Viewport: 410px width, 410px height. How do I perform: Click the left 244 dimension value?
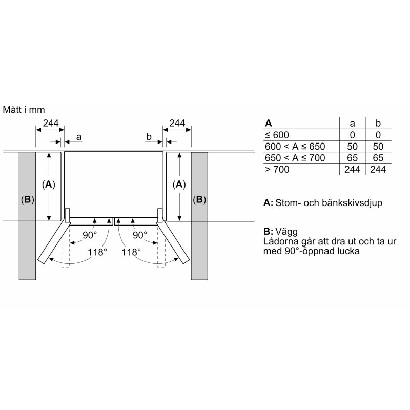(x=51, y=123)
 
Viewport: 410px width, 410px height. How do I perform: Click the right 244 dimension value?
(x=177, y=123)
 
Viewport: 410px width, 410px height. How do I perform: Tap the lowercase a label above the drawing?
(x=79, y=137)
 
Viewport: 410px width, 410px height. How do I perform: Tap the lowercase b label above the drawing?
(x=149, y=136)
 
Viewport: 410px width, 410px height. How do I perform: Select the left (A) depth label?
(x=49, y=184)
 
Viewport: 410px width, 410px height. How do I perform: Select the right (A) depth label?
(x=179, y=184)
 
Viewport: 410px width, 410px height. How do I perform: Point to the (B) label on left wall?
(x=28, y=200)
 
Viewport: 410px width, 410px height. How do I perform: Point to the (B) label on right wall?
(x=199, y=200)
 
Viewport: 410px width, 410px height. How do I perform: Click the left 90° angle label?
(x=90, y=235)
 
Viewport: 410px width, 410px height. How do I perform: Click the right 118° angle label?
(x=131, y=252)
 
